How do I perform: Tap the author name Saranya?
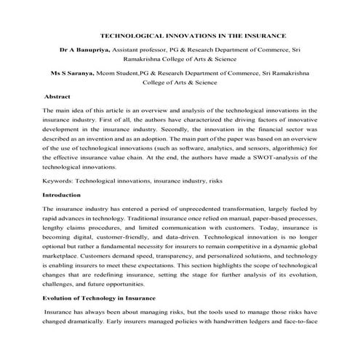[85, 73]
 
